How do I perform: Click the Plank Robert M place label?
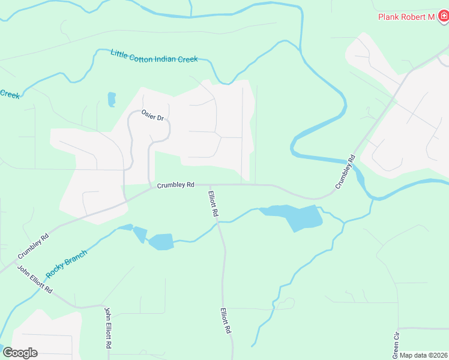[406, 17]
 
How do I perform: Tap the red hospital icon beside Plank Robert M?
[443, 17]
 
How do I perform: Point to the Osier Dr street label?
[152, 115]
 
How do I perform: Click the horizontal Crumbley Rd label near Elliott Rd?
[175, 185]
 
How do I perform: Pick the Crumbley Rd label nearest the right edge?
[346, 173]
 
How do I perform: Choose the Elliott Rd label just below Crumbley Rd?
[212, 203]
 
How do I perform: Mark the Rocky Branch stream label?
[67, 262]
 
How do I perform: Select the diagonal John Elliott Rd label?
[35, 280]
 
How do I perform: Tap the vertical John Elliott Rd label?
[108, 328]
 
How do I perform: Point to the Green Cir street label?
[396, 343]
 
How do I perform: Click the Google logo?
[20, 353]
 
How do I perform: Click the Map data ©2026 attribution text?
[424, 355]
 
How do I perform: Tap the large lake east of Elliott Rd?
[297, 217]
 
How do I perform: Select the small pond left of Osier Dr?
[112, 99]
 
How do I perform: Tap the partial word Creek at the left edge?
[10, 95]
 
